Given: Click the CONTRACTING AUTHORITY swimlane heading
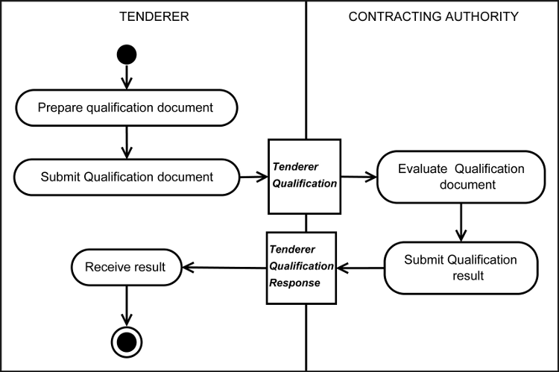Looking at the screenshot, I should [x=433, y=16].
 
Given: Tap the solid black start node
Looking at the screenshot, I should [x=125, y=54].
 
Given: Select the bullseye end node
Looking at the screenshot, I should [x=125, y=341].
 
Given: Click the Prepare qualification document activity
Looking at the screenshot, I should [x=125, y=107].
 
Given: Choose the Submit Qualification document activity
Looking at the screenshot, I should [x=125, y=177].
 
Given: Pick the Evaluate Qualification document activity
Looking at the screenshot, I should [x=461, y=177].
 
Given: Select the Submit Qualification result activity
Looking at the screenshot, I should [x=460, y=267].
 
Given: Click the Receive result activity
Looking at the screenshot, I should [x=126, y=266].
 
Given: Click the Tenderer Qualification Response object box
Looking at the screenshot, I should [x=302, y=267].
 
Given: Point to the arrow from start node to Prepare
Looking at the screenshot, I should [x=125, y=76].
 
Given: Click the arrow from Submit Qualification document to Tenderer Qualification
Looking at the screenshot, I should [x=253, y=177].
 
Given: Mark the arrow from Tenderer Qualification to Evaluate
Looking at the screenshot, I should [x=359, y=177].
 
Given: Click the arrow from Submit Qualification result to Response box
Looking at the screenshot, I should [x=360, y=267].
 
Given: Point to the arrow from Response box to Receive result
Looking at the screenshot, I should [x=224, y=267].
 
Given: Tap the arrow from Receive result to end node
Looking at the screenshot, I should [x=125, y=306].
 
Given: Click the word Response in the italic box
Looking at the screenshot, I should [x=296, y=283].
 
